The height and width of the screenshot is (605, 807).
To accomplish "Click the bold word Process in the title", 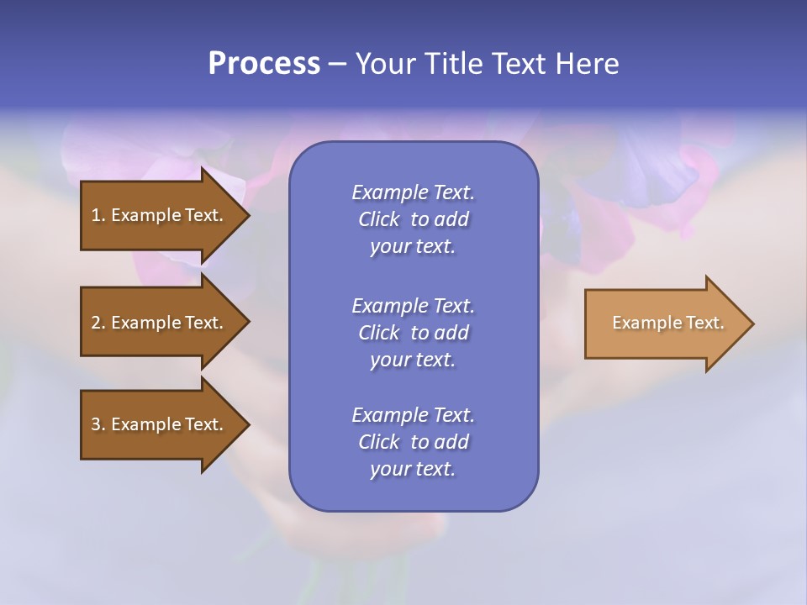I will pyautogui.click(x=264, y=64).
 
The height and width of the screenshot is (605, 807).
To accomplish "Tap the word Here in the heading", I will pyautogui.click(x=588, y=64).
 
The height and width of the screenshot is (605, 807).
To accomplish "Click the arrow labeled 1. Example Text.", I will pyautogui.click(x=160, y=215).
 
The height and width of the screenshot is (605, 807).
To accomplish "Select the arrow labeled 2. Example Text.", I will pyautogui.click(x=160, y=323).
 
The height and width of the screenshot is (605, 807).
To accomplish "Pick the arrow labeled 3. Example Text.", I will pyautogui.click(x=160, y=424).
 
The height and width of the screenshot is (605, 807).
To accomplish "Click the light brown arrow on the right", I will pyautogui.click(x=664, y=323).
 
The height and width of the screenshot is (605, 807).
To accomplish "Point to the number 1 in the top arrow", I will pyautogui.click(x=95, y=215).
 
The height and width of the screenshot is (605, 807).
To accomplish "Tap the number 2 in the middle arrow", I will pyautogui.click(x=95, y=323).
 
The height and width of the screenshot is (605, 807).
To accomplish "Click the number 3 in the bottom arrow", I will pyautogui.click(x=95, y=424).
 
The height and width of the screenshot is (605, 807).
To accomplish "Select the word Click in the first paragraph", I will pyautogui.click(x=379, y=219).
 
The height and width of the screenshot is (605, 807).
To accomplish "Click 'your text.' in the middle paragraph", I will pyautogui.click(x=413, y=360).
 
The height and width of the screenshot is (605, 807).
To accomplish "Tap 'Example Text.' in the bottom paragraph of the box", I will pyautogui.click(x=413, y=415).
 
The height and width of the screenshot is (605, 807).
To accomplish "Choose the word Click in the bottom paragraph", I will pyautogui.click(x=379, y=442).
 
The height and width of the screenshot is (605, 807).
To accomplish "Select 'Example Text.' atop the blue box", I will pyautogui.click(x=413, y=192).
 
